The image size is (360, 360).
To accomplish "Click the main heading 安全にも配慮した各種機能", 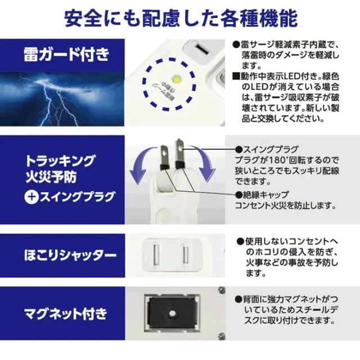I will [x=180, y=19].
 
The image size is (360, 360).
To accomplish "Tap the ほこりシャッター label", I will [x=66, y=255].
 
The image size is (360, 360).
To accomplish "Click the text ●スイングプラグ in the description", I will [x=267, y=150].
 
